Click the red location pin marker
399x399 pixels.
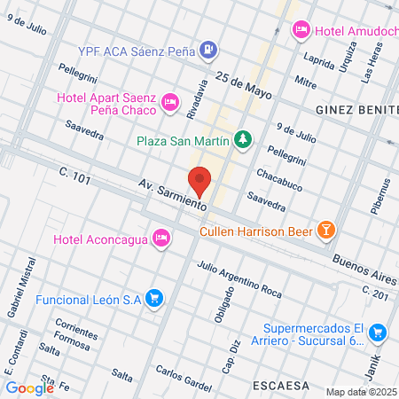200,181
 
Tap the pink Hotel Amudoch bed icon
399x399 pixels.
301,29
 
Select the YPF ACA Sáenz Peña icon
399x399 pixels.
207,50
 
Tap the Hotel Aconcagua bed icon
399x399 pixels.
160,238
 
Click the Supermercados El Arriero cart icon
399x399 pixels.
378,332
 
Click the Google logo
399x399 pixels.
29,387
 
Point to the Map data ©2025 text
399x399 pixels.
361,391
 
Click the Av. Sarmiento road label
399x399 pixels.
173,194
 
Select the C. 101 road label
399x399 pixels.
75,177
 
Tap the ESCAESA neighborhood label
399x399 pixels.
280,387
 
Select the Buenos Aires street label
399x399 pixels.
360,263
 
